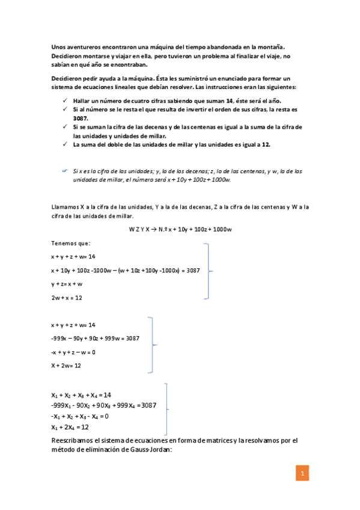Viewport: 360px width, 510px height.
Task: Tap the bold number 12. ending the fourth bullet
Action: pyautogui.click(x=265, y=145)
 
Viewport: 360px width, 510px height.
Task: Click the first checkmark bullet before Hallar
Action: pyautogui.click(x=64, y=101)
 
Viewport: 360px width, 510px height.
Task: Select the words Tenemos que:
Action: pyautogui.click(x=70, y=243)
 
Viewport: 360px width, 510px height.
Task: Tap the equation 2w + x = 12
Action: pyautogui.click(x=66, y=297)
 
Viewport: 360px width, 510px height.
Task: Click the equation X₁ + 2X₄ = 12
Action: pyautogui.click(x=70, y=427)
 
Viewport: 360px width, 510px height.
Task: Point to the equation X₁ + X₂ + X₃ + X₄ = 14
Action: pyautogui.click(x=81, y=395)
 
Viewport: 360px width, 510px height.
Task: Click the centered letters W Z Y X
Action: pyautogui.click(x=139, y=229)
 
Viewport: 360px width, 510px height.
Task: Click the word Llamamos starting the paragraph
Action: pyautogui.click(x=66, y=207)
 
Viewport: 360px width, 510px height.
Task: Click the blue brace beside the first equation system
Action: pyautogui.click(x=209, y=271)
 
